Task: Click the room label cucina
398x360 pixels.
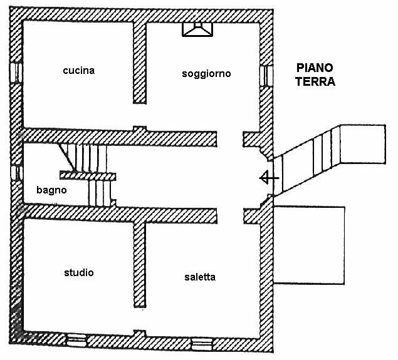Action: [78, 70]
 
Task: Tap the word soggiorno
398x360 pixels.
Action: [206, 73]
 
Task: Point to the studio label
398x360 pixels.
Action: [79, 272]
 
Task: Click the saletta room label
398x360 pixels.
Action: [200, 277]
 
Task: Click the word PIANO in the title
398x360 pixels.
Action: [315, 68]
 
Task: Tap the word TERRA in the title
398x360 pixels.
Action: [316, 81]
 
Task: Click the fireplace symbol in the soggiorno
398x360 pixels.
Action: [197, 29]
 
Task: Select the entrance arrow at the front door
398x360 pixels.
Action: [269, 178]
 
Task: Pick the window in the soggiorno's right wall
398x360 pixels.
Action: [267, 75]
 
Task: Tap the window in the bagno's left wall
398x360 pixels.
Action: [18, 172]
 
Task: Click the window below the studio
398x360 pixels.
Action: [76, 339]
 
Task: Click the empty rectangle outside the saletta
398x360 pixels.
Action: [310, 244]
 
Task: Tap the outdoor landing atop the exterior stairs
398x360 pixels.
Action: [360, 144]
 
